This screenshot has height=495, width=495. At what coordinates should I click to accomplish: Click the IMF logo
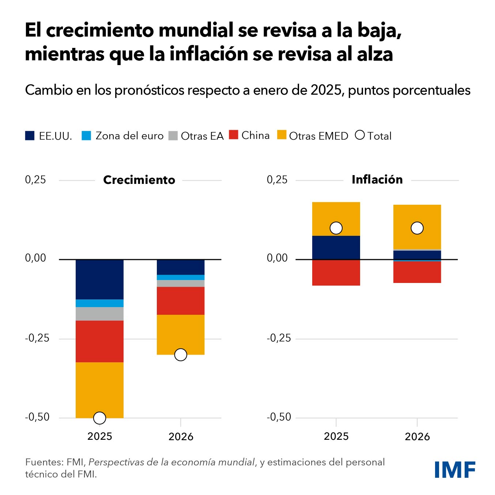click(455, 469)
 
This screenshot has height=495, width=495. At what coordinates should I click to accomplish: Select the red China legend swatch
click(234, 135)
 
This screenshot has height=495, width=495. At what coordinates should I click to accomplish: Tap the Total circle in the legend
click(360, 135)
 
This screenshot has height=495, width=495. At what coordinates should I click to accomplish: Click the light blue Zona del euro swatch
click(86, 136)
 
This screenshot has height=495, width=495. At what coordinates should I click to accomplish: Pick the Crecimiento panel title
click(139, 180)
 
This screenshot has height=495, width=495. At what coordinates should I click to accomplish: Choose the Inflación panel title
click(377, 180)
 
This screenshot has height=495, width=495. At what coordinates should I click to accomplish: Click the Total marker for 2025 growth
click(99, 417)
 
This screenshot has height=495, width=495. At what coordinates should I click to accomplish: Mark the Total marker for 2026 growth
click(181, 355)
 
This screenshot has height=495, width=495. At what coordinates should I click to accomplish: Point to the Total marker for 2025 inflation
click(336, 228)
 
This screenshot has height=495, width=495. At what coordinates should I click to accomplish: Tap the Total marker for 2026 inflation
click(417, 228)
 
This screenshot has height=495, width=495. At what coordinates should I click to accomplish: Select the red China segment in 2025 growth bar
click(99, 341)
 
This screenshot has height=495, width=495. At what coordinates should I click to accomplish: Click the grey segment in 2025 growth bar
click(99, 314)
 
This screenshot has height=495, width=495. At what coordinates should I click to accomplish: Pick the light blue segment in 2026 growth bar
click(181, 277)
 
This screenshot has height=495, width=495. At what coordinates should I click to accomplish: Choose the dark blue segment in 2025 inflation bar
click(336, 247)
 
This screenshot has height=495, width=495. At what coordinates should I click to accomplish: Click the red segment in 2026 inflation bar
click(417, 272)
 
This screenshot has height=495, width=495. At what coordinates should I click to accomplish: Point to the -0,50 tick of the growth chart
click(37, 417)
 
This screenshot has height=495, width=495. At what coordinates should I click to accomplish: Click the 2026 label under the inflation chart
click(417, 437)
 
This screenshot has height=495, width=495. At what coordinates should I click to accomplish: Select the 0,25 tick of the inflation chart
click(277, 180)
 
